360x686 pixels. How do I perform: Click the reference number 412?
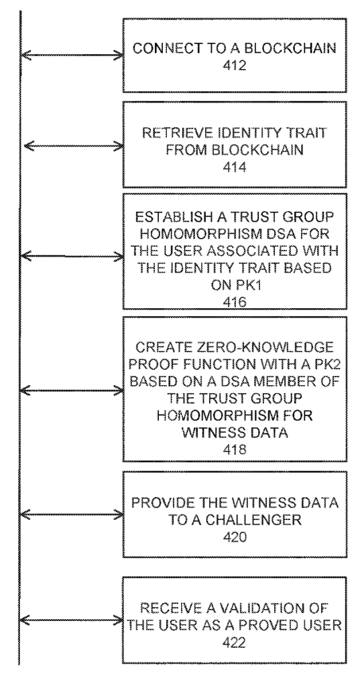(235, 65)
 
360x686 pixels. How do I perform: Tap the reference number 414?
(235, 167)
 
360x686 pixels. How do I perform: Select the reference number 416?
(235, 302)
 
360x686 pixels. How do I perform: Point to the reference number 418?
(235, 450)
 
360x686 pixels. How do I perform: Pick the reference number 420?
(235, 537)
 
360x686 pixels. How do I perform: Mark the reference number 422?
(235, 642)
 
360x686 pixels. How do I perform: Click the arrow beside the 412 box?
(72, 55)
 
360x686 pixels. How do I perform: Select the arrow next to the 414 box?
(74, 145)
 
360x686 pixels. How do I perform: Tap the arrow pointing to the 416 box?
(72, 256)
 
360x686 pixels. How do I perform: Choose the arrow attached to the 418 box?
(72, 389)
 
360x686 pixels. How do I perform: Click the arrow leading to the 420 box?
(72, 514)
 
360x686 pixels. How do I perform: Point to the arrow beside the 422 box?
(72, 620)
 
